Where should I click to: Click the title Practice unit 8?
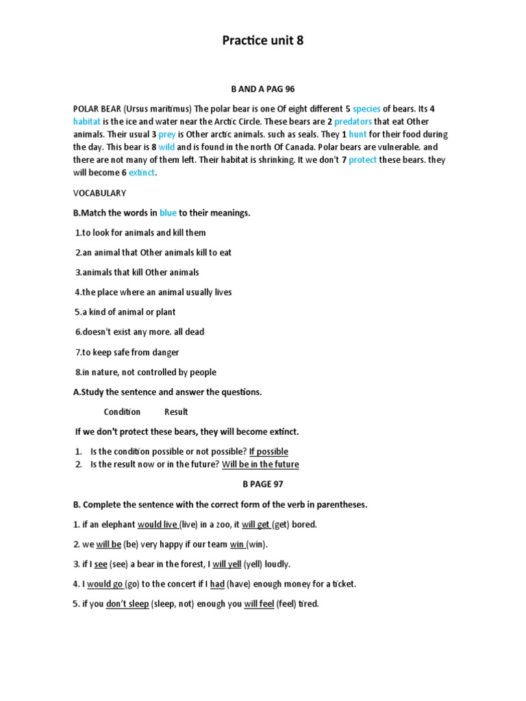[262, 40]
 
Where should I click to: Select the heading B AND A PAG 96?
[262, 89]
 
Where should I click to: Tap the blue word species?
[366, 109]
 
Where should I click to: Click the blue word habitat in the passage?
[87, 122]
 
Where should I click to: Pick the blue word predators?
[353, 122]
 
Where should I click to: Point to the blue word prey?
[166, 135]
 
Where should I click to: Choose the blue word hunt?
[358, 135]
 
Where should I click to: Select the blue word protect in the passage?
[362, 160]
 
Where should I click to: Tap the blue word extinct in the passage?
[142, 173]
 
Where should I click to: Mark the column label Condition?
[122, 412]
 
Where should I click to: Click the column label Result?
[176, 412]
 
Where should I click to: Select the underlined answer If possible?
[268, 452]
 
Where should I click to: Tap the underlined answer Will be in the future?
[260, 465]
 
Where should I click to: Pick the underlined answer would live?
[158, 525]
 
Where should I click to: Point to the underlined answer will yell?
[227, 565]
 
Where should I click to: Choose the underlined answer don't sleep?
[127, 604]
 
